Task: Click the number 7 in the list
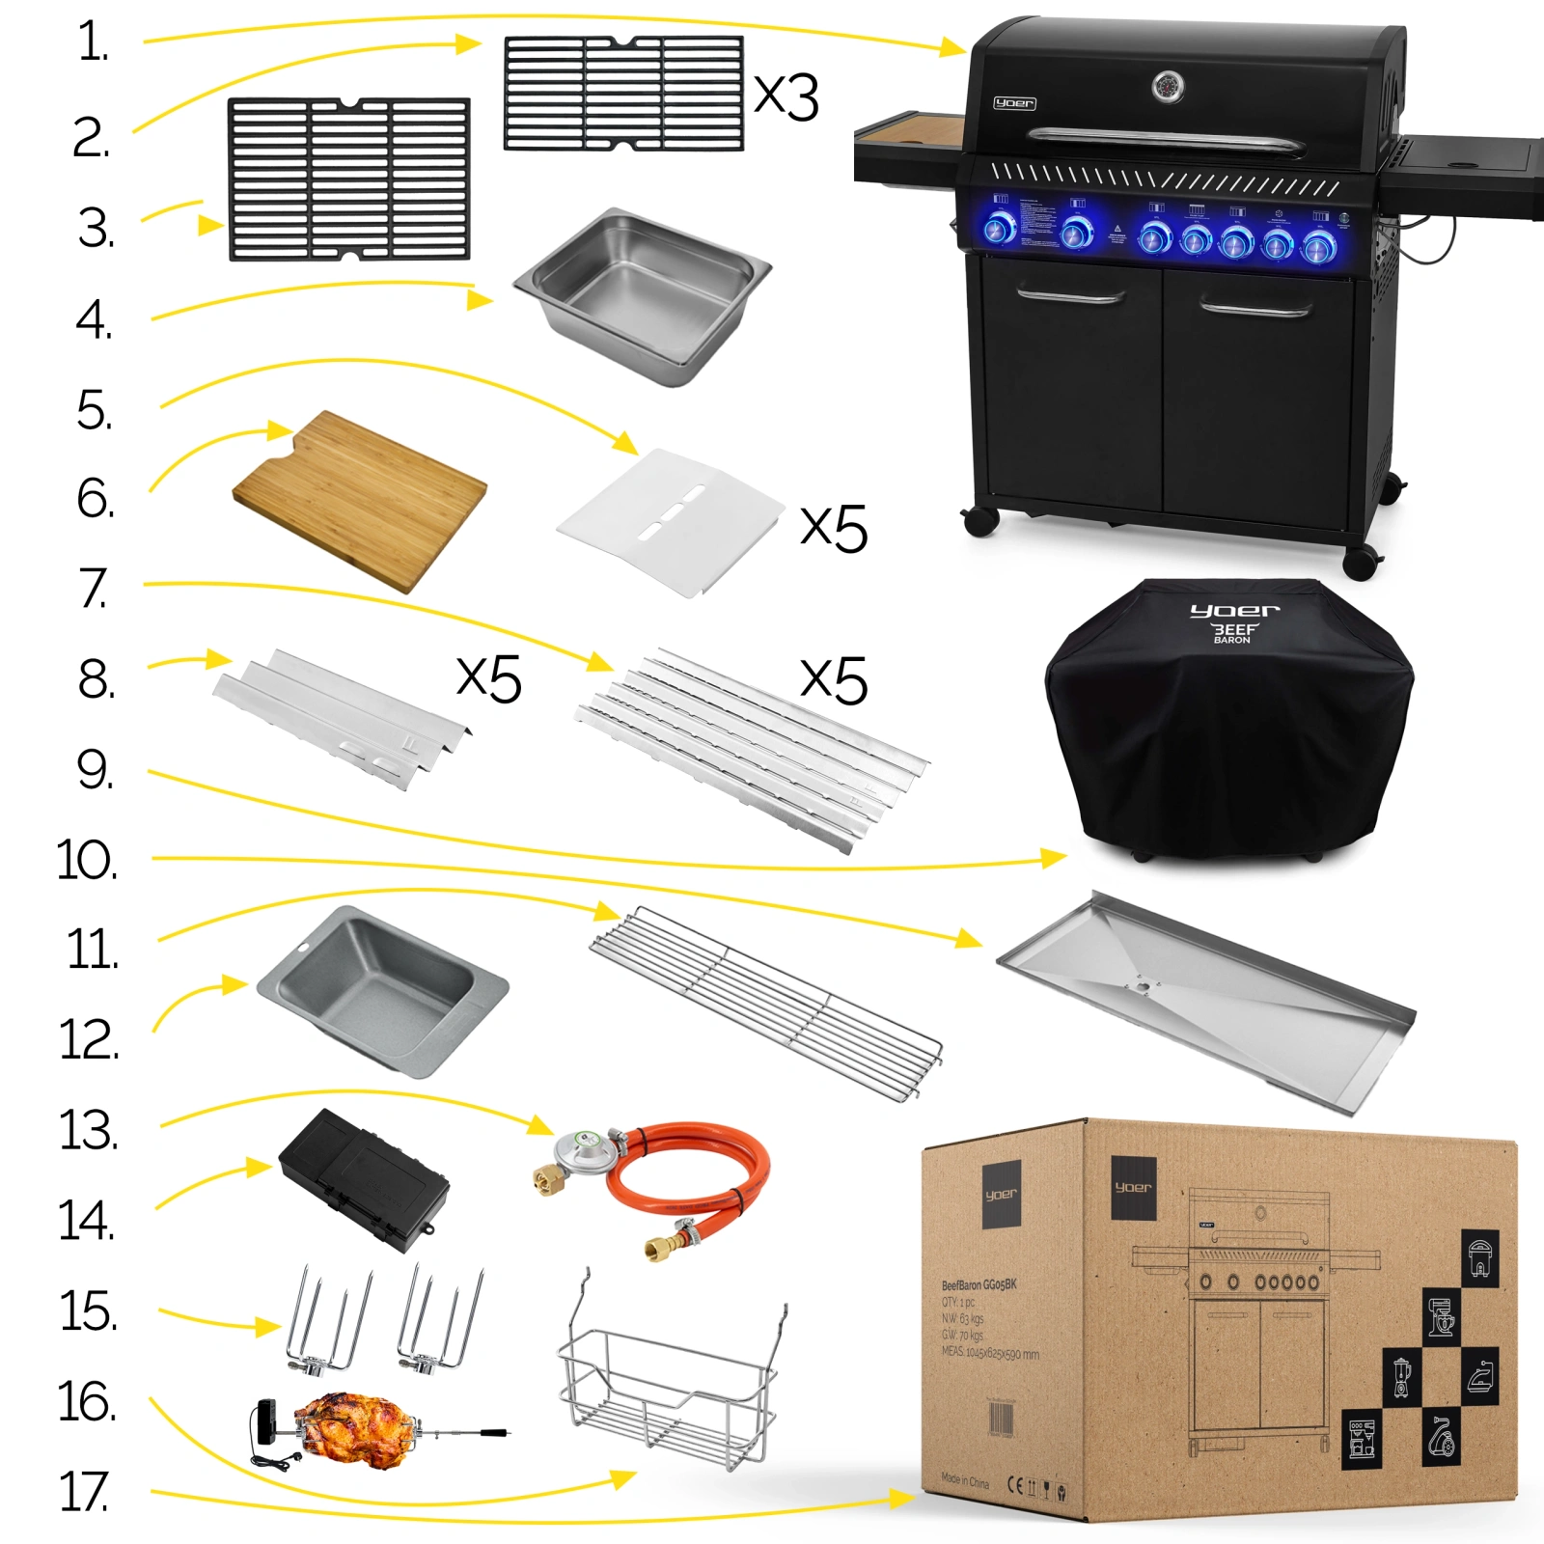(93, 589)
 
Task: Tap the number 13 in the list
(89, 1130)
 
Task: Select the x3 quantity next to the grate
(786, 96)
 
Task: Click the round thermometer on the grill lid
(1169, 86)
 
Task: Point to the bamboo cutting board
(359, 500)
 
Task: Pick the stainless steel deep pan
(643, 295)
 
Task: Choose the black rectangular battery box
(363, 1180)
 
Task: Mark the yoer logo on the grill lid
(1014, 103)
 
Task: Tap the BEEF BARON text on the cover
(1233, 633)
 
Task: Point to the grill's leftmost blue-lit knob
(999, 229)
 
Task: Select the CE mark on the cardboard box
(1014, 1484)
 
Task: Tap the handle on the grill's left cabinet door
(1070, 296)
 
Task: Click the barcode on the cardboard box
(1001, 1420)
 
